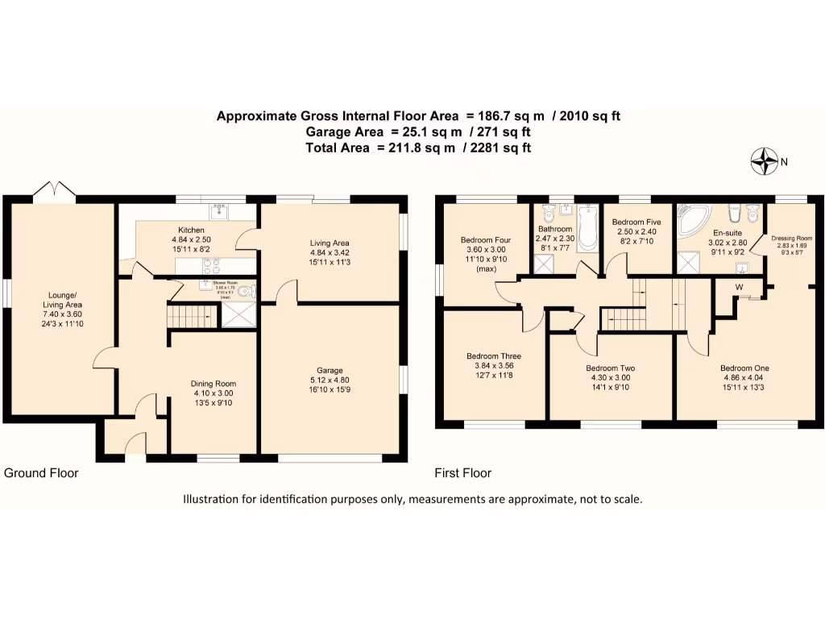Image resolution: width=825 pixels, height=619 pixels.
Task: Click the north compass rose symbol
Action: click(761, 162)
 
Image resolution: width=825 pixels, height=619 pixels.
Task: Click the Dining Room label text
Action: click(214, 384)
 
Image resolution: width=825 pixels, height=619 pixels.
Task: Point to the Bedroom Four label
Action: click(485, 240)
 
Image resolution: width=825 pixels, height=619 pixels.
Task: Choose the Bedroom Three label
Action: click(493, 356)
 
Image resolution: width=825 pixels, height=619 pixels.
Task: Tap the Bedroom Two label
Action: click(610, 368)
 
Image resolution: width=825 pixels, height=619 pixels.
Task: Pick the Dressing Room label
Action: click(791, 239)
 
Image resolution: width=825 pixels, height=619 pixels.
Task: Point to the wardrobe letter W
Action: click(738, 287)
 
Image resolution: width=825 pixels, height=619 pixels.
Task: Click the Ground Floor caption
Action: click(41, 473)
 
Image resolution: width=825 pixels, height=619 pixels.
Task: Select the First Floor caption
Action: click(463, 473)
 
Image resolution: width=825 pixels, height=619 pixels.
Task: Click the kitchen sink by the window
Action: click(220, 211)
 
